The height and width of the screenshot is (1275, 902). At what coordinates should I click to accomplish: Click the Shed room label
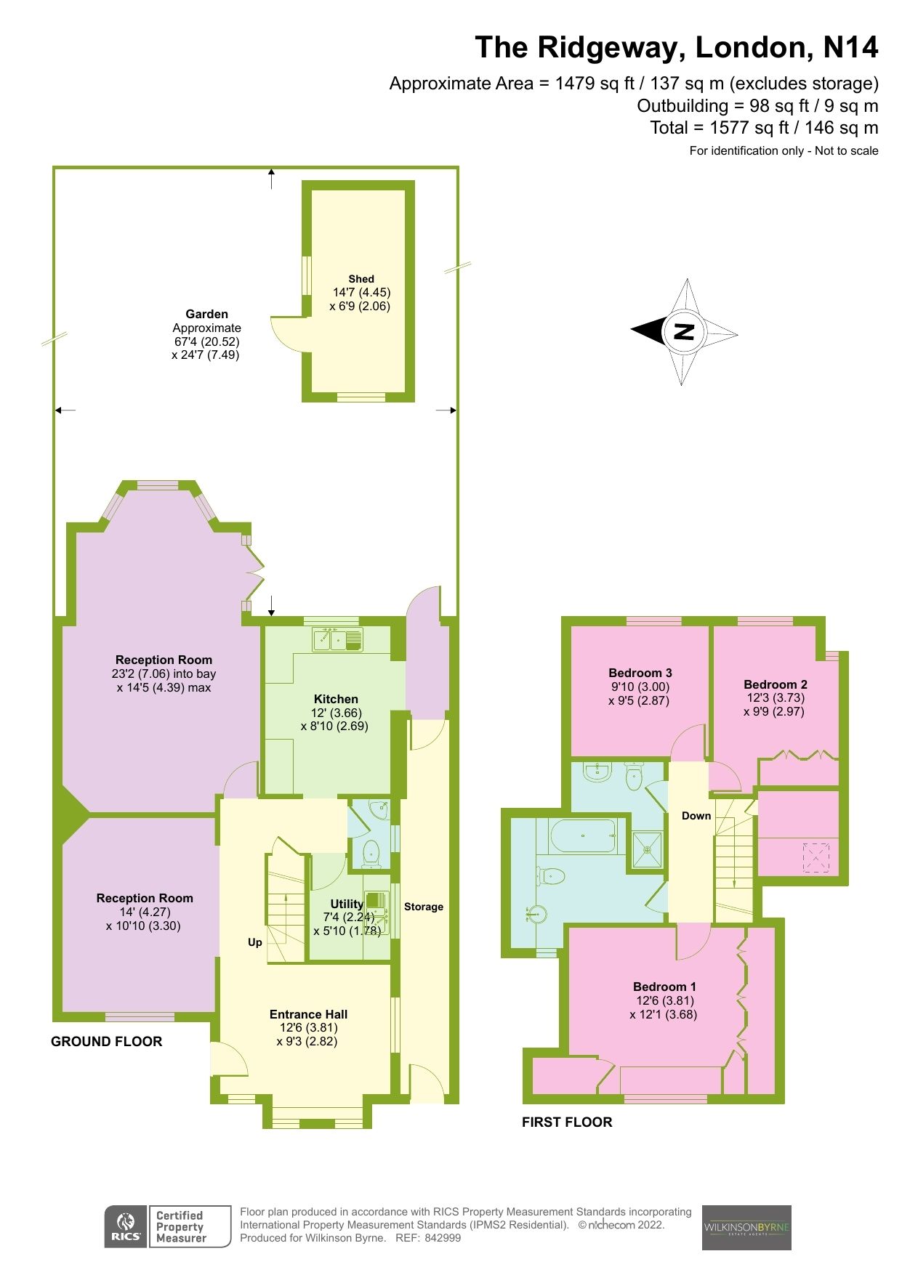click(361, 279)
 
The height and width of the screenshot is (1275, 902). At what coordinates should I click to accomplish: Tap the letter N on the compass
click(684, 332)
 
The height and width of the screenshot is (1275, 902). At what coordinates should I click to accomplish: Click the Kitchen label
click(336, 699)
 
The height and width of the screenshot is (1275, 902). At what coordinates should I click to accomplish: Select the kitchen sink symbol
click(338, 640)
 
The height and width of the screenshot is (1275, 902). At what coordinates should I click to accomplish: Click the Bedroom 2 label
click(776, 684)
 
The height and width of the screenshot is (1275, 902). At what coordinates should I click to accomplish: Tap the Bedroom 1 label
click(664, 987)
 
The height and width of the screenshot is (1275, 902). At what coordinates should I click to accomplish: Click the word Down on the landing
click(696, 816)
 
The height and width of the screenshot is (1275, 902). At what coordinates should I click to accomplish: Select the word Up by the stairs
click(255, 942)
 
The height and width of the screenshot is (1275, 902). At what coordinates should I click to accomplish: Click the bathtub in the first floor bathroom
click(583, 836)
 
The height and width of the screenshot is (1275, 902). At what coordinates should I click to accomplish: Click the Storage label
click(424, 907)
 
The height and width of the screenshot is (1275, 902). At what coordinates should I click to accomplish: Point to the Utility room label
click(347, 904)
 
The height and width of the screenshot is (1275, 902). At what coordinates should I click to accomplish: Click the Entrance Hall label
click(308, 1014)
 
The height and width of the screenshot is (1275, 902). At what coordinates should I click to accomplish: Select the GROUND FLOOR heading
click(107, 1042)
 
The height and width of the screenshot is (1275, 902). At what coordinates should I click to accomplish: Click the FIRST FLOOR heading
click(567, 1122)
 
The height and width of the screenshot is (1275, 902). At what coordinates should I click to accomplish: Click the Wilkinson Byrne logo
click(746, 1228)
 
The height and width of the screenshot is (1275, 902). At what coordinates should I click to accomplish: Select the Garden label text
click(207, 315)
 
